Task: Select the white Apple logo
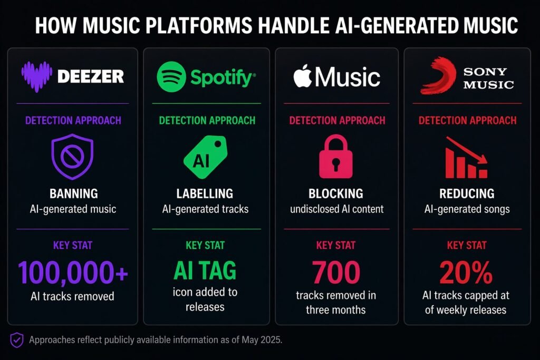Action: (x=303, y=77)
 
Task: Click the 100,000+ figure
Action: (x=73, y=272)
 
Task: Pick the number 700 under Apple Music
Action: (x=336, y=273)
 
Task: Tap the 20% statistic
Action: (x=466, y=273)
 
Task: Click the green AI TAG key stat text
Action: (x=206, y=271)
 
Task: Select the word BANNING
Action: (x=73, y=193)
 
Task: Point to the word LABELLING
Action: (x=206, y=193)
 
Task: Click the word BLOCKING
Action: (x=336, y=193)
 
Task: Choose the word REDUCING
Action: (x=467, y=193)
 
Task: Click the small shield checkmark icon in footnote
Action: (x=17, y=339)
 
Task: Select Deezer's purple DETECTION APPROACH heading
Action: (x=72, y=120)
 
